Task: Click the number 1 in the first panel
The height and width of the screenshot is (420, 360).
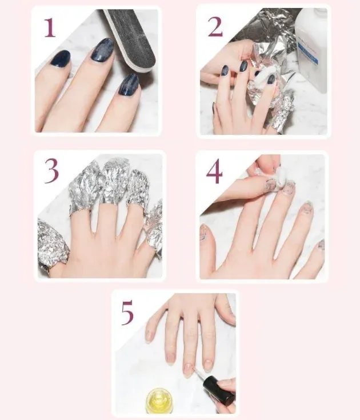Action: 50,27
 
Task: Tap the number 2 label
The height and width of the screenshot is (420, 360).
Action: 215,26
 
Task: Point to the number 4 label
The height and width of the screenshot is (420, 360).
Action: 214,172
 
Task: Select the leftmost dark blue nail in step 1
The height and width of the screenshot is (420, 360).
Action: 59,59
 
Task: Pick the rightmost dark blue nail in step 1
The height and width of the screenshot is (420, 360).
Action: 129,84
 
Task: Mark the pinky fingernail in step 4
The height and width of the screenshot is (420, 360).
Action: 321,244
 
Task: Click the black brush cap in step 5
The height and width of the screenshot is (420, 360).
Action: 218,391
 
